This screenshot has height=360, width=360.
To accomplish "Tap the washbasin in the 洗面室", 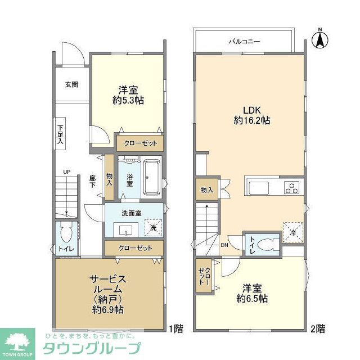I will pos(125,229).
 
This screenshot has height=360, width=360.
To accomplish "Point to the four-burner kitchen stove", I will pos(292,188).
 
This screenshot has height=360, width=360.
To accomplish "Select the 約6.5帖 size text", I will pos(251,298).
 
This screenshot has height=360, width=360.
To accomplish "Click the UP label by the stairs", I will pos(66,172).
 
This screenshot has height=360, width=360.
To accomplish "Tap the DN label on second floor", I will pos(224,245).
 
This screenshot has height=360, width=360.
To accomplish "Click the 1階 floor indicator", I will pos(175,328).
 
